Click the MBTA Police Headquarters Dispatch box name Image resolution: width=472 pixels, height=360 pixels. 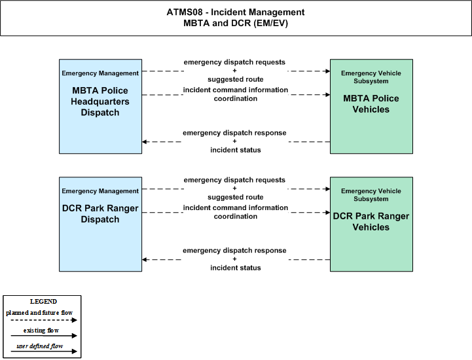(x=100, y=101)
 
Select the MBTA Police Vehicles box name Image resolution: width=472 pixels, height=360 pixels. (x=371, y=104)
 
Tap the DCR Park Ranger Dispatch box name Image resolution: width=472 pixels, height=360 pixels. (x=100, y=214)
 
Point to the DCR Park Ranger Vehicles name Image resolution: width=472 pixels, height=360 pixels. (x=371, y=221)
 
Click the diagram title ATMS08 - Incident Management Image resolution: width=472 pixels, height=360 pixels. (x=236, y=12)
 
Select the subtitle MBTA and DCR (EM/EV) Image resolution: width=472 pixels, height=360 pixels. (x=236, y=23)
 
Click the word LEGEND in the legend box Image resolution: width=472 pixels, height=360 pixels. (x=43, y=301)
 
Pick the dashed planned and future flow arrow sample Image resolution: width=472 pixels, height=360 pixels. (x=44, y=320)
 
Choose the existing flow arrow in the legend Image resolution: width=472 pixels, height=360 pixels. (x=44, y=336)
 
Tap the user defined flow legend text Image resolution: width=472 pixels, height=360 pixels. (x=40, y=346)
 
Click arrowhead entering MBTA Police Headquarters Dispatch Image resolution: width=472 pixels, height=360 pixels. (x=144, y=141)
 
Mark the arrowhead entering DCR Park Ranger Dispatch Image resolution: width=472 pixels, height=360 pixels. (x=144, y=259)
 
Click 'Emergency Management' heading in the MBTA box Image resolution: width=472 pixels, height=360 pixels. (x=100, y=73)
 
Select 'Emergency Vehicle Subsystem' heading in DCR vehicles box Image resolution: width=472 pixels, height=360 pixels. (x=371, y=195)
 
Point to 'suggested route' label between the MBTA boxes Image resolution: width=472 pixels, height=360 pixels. (x=236, y=79)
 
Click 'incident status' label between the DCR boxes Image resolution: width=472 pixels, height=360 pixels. (x=236, y=268)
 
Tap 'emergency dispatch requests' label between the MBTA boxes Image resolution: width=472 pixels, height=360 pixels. (x=234, y=62)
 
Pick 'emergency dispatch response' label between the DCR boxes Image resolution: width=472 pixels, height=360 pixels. (x=234, y=251)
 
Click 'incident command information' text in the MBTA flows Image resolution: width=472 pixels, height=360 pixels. (x=236, y=90)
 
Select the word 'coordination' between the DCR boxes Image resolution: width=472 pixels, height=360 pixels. (x=236, y=217)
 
